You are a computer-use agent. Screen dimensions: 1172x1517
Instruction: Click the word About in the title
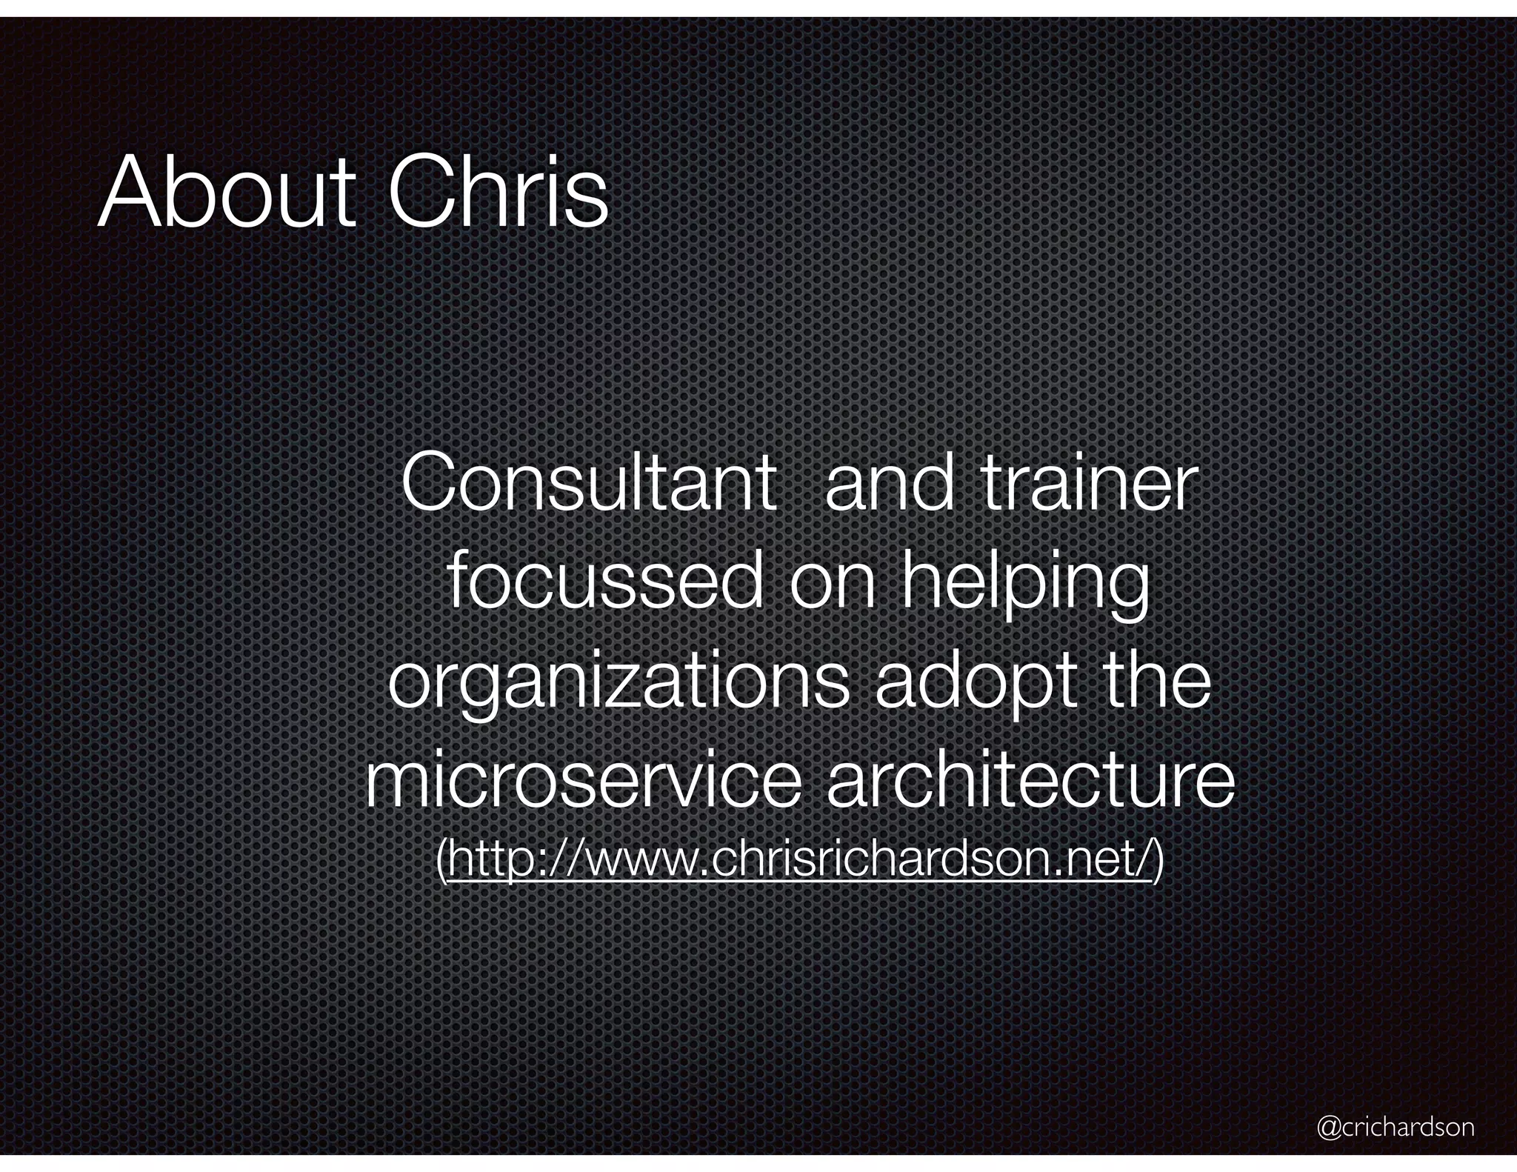point(226,192)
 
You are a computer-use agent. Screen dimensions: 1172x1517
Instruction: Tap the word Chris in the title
point(498,192)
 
